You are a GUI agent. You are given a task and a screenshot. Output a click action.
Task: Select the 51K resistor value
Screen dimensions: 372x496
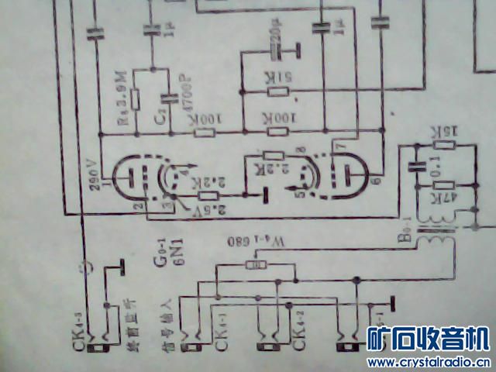(x=277, y=77)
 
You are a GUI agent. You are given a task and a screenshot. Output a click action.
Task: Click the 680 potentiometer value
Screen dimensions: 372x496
(x=250, y=242)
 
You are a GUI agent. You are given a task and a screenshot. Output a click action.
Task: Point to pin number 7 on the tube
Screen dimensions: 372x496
(x=336, y=146)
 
